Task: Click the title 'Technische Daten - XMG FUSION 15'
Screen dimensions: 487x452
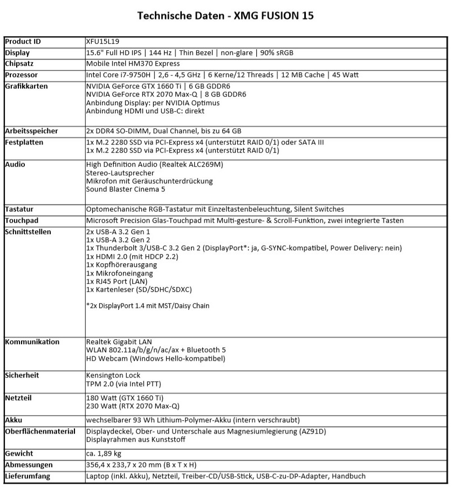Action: pyautogui.click(x=225, y=16)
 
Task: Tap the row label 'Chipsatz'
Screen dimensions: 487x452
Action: pyautogui.click(x=21, y=64)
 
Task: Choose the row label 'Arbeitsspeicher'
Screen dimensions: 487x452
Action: pyautogui.click(x=31, y=131)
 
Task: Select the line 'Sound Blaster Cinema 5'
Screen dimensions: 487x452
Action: pyautogui.click(x=125, y=189)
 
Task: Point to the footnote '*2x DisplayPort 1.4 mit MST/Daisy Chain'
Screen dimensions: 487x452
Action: pyautogui.click(x=148, y=306)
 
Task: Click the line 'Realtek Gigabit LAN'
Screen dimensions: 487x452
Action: pyautogui.click(x=119, y=342)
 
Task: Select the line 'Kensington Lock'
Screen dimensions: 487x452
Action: pyautogui.click(x=113, y=375)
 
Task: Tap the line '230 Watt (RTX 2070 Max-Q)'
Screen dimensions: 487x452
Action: pyautogui.click(x=133, y=406)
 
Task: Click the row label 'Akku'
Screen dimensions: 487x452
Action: pyautogui.click(x=13, y=420)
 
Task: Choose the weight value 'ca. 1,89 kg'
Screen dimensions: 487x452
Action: pyautogui.click(x=104, y=454)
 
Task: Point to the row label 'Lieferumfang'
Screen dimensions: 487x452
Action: pyautogui.click(x=28, y=476)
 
